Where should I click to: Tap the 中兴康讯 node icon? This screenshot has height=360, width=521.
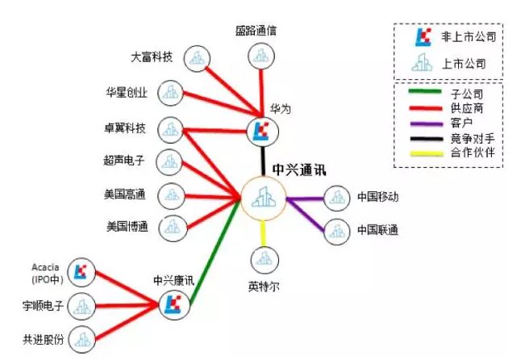(x=172, y=303)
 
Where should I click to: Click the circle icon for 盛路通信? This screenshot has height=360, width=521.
(x=260, y=56)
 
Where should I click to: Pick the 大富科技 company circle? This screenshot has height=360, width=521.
(x=196, y=57)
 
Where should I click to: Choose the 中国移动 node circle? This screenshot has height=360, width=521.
(x=336, y=198)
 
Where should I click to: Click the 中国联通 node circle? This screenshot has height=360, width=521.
(x=336, y=231)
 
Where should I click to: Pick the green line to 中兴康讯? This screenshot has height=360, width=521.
(x=211, y=259)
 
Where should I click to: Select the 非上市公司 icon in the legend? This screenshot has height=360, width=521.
(x=421, y=36)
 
